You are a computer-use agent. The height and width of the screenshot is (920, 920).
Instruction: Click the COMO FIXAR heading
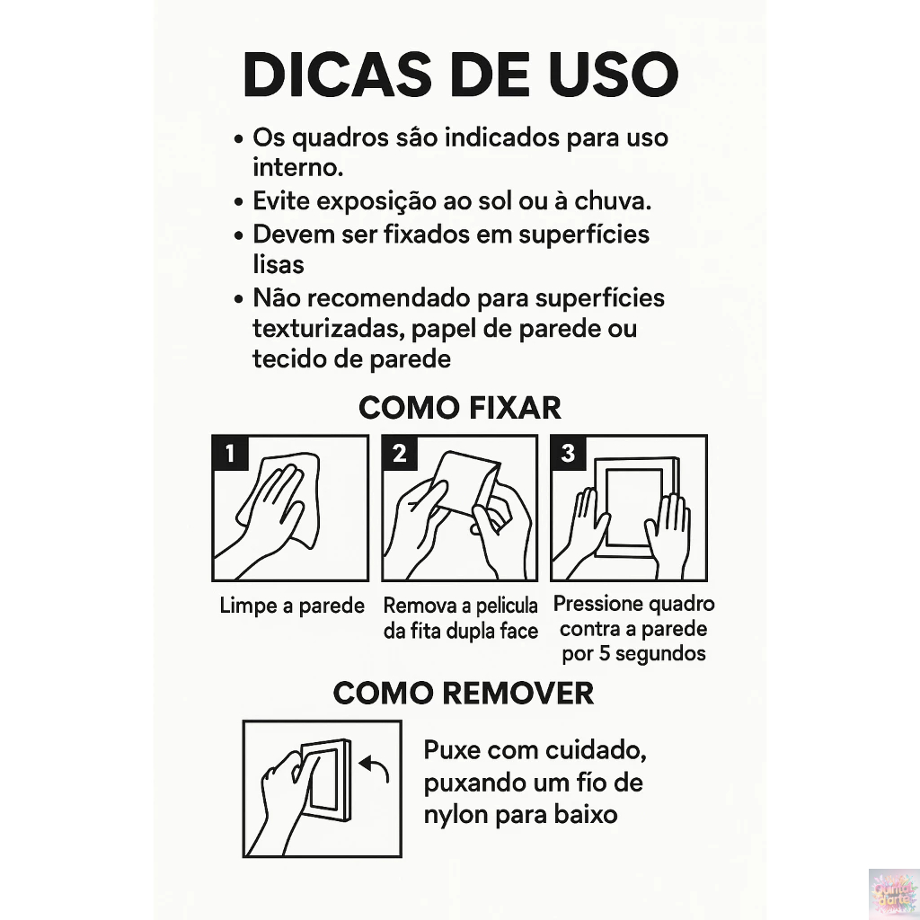(459, 407)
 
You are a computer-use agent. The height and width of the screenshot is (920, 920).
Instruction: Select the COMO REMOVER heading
(463, 693)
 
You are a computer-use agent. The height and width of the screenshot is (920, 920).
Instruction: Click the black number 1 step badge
(230, 453)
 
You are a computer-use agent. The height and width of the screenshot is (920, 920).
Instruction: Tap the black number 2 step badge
(399, 453)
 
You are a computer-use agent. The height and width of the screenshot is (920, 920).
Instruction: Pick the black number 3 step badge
(568, 453)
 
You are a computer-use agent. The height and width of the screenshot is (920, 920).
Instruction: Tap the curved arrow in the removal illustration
(375, 767)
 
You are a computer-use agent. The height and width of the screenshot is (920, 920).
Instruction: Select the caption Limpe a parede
(292, 606)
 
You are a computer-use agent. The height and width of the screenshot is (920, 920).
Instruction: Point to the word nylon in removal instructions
(455, 815)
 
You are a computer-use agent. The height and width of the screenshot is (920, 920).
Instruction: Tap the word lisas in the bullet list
(279, 265)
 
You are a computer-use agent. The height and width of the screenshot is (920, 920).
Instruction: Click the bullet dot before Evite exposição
(238, 203)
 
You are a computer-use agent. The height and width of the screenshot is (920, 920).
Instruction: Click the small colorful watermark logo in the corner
(893, 893)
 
